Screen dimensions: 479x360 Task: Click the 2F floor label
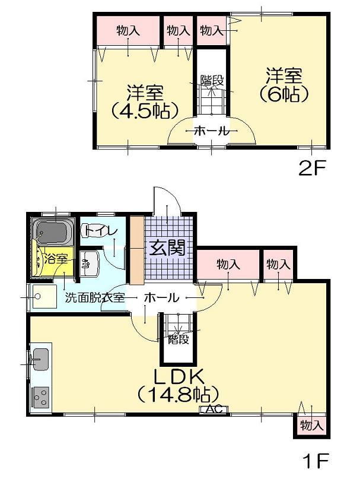[x=312, y=169]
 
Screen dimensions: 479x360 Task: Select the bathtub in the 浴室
[x=53, y=231]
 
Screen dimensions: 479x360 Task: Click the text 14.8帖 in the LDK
[x=178, y=393]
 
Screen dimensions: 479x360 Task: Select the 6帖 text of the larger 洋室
[x=283, y=94]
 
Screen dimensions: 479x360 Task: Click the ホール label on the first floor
[x=161, y=298]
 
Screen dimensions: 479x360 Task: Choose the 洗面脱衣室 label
[x=95, y=298]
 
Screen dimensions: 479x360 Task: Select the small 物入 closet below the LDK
[x=311, y=425]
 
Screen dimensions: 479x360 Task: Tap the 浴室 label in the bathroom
[x=56, y=259]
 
